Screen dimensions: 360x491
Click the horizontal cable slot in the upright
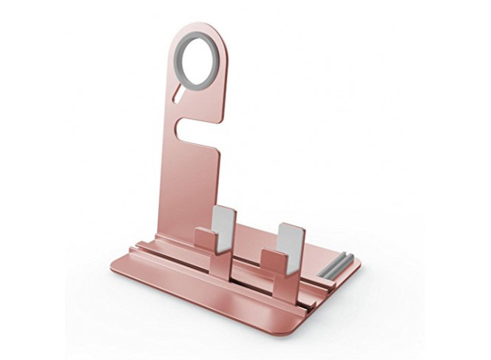point(197,129)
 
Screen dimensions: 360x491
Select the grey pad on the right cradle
point(291,237)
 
